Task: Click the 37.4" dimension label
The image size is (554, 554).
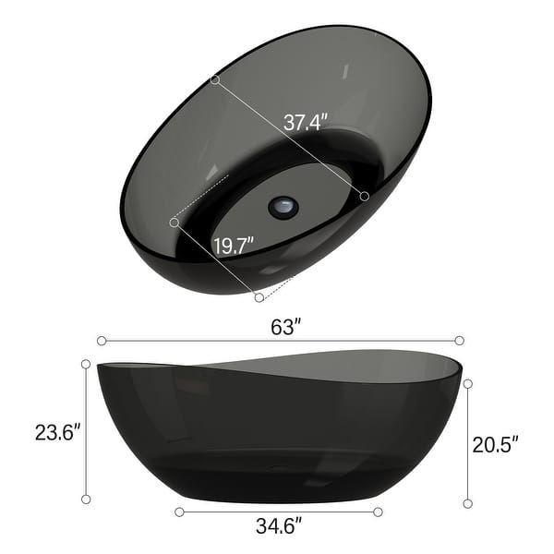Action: (306, 122)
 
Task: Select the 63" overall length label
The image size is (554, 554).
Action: (286, 326)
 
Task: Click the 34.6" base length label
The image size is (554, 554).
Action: (278, 528)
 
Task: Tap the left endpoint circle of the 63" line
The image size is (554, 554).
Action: (101, 340)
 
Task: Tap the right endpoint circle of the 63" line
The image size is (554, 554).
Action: (459, 340)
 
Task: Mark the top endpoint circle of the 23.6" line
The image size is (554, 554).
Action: (86, 364)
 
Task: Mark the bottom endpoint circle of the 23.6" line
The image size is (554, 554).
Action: (86, 499)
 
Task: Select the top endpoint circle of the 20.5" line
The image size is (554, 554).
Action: (468, 383)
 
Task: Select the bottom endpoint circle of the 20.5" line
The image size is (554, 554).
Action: (468, 502)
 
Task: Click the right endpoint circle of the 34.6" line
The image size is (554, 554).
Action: (379, 511)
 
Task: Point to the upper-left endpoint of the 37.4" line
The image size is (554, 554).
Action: (215, 80)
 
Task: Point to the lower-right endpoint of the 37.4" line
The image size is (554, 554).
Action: (365, 196)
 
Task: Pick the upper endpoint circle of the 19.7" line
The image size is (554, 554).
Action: (174, 222)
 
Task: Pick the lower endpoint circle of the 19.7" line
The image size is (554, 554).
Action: (259, 297)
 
